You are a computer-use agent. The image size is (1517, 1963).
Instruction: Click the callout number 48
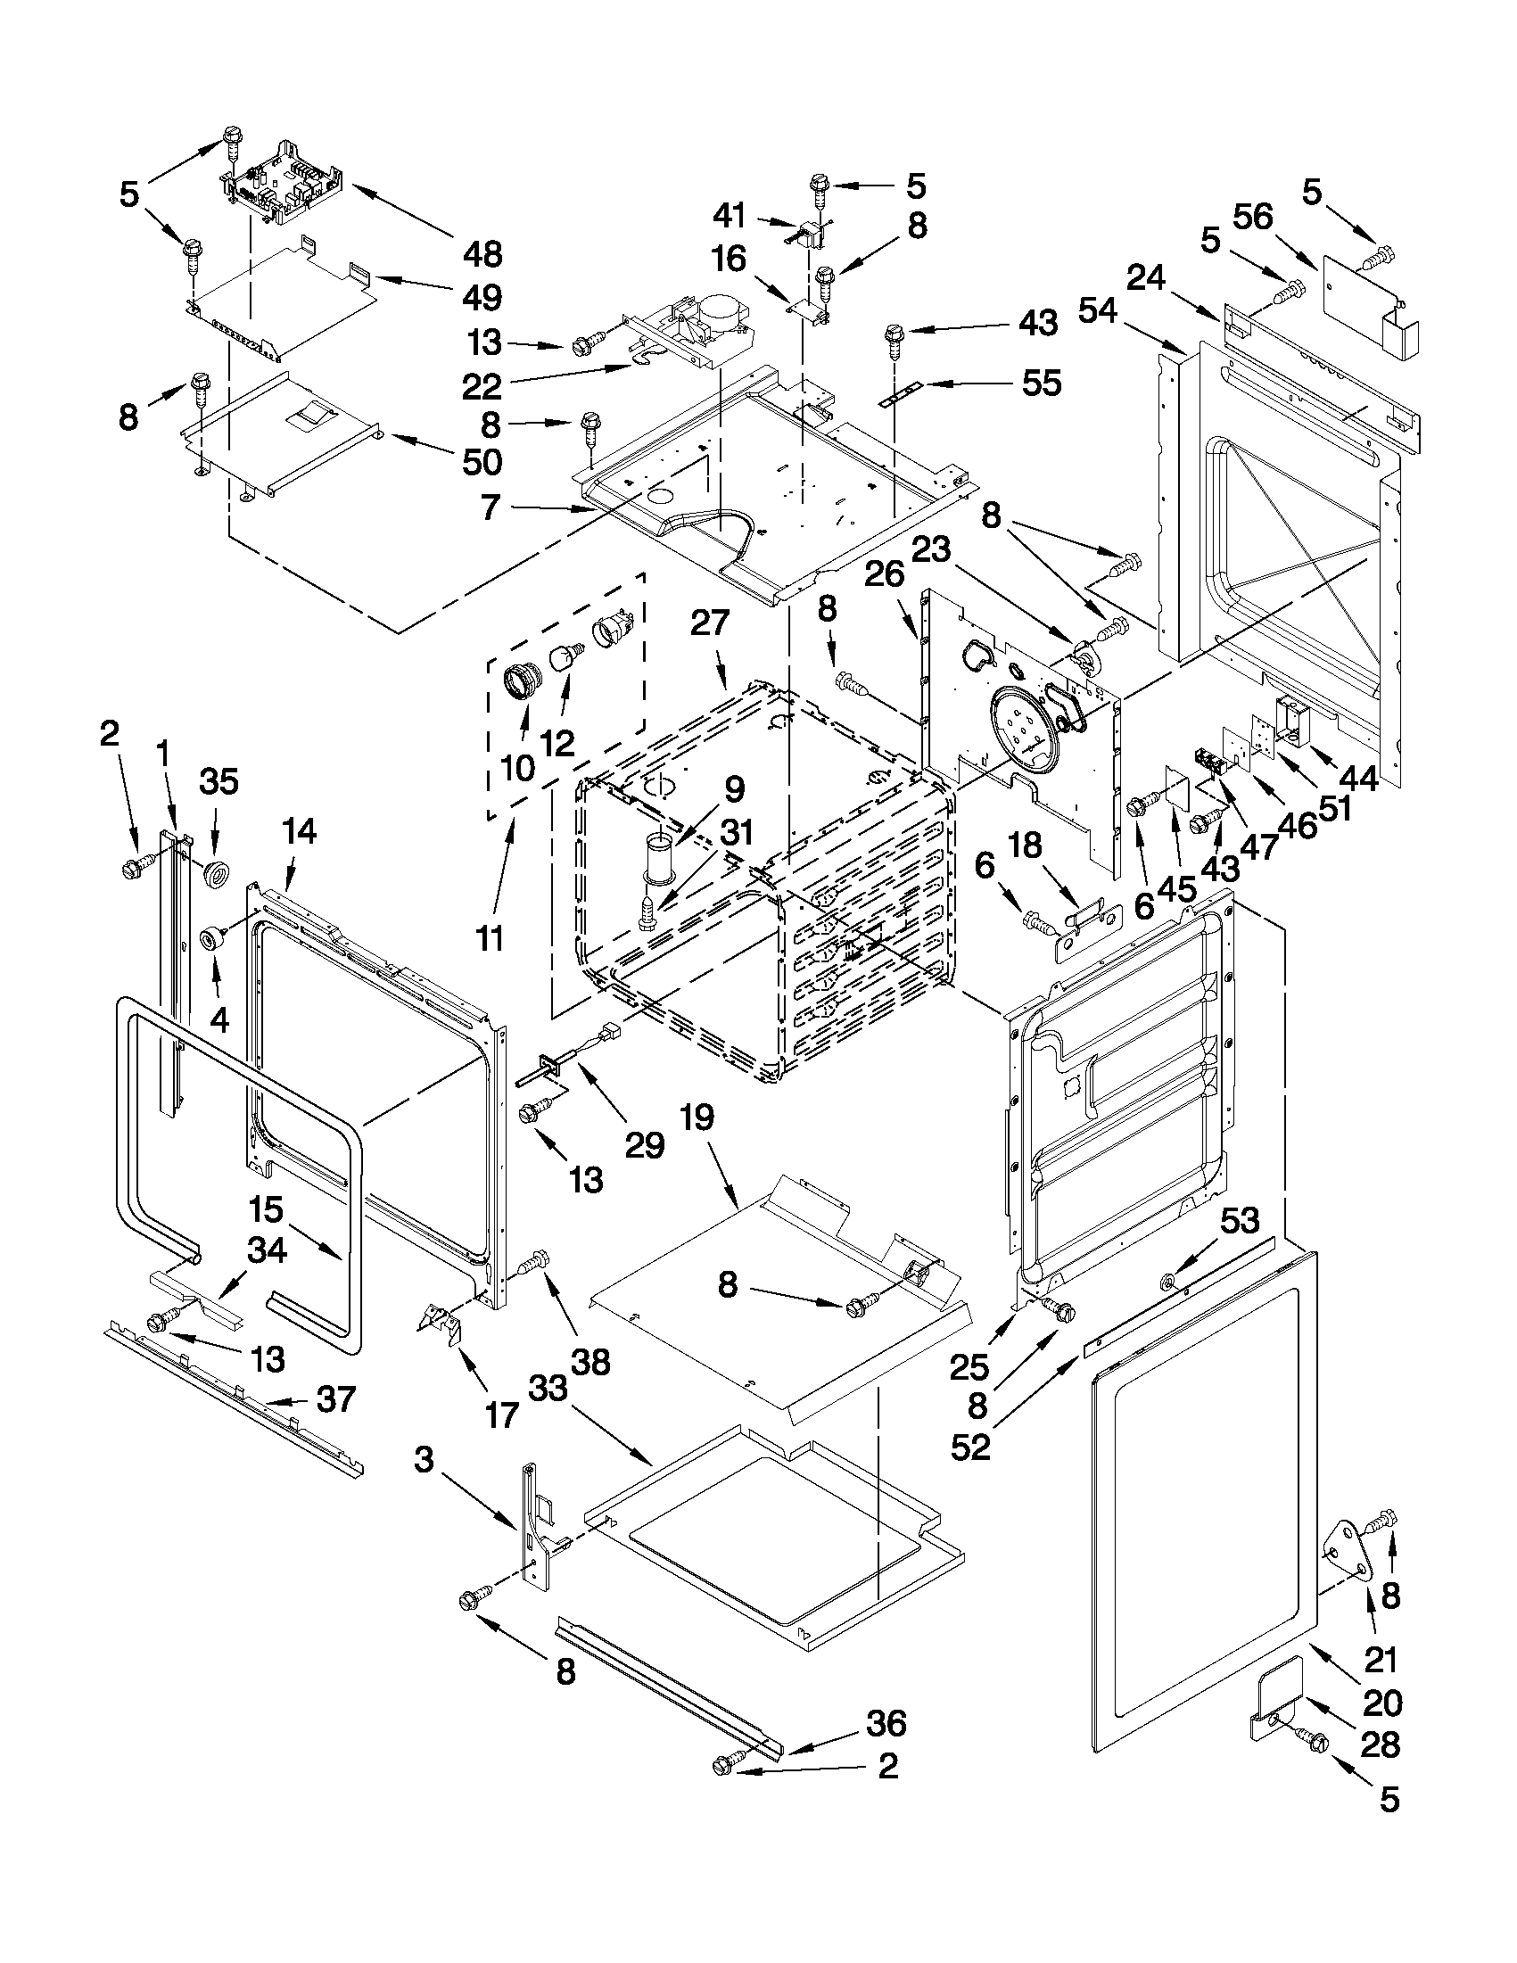point(482,254)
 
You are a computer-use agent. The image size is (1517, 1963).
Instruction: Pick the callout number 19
point(697,1118)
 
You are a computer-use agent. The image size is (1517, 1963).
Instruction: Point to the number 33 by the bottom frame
point(548,1388)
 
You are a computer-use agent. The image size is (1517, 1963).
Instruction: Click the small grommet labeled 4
point(212,939)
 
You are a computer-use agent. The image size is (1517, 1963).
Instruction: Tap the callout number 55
point(1041,383)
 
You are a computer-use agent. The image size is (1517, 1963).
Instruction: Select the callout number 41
point(729,215)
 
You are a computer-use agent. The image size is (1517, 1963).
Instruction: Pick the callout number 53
point(1240,1222)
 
